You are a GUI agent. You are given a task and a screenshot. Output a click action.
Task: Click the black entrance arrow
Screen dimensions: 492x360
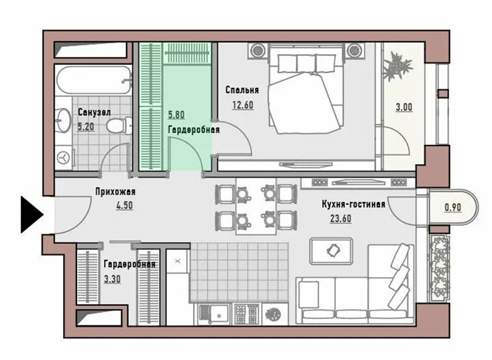point(31,215)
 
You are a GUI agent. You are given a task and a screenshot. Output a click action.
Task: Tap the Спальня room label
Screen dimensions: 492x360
point(242,91)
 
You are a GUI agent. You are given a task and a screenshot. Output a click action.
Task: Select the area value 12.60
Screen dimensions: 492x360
point(242,105)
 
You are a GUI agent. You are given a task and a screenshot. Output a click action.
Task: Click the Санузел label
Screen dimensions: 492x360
point(94,113)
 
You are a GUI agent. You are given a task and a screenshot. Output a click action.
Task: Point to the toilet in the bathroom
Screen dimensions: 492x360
point(119,125)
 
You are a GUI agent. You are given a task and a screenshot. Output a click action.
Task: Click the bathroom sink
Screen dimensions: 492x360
point(63,121)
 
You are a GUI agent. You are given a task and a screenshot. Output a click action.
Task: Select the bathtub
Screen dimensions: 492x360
point(93,80)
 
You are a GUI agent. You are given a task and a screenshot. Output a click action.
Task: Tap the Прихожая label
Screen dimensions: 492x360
point(115,192)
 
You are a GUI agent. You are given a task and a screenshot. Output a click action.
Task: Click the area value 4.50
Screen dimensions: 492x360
point(125,206)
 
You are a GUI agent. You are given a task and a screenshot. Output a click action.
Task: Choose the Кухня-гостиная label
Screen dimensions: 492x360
point(353,205)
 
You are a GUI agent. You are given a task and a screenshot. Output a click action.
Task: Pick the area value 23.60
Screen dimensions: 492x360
point(340,218)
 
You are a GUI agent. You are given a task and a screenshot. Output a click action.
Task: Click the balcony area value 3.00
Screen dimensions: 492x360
point(404,107)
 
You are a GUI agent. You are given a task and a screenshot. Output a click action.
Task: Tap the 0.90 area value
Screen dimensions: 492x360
point(453,207)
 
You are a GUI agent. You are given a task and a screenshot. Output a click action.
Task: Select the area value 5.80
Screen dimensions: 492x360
point(176,115)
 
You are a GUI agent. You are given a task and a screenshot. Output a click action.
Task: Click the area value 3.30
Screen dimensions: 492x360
point(112,279)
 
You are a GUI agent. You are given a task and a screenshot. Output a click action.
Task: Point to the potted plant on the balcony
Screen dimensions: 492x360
point(397,67)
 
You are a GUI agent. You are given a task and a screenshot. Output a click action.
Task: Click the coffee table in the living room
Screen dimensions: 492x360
point(331,251)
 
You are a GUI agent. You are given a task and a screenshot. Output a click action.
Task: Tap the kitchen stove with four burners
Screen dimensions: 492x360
point(247,314)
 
